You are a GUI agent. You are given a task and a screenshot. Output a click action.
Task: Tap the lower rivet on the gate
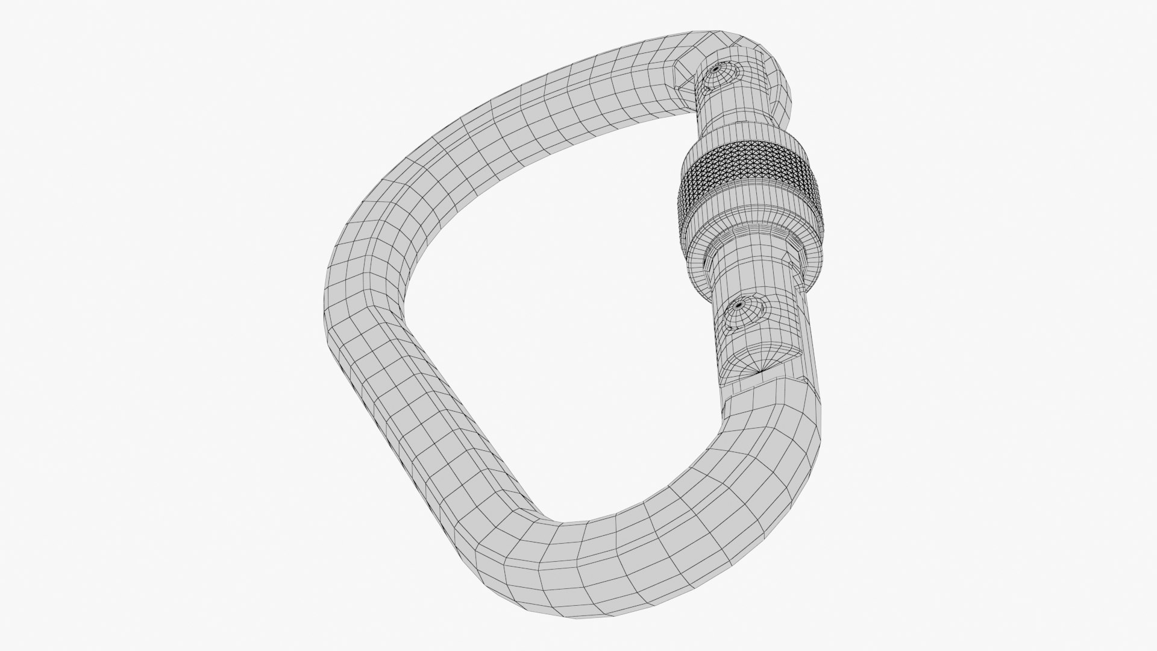pyautogui.click(x=743, y=313)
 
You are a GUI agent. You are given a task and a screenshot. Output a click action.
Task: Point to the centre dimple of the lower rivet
pyautogui.click(x=736, y=307)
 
